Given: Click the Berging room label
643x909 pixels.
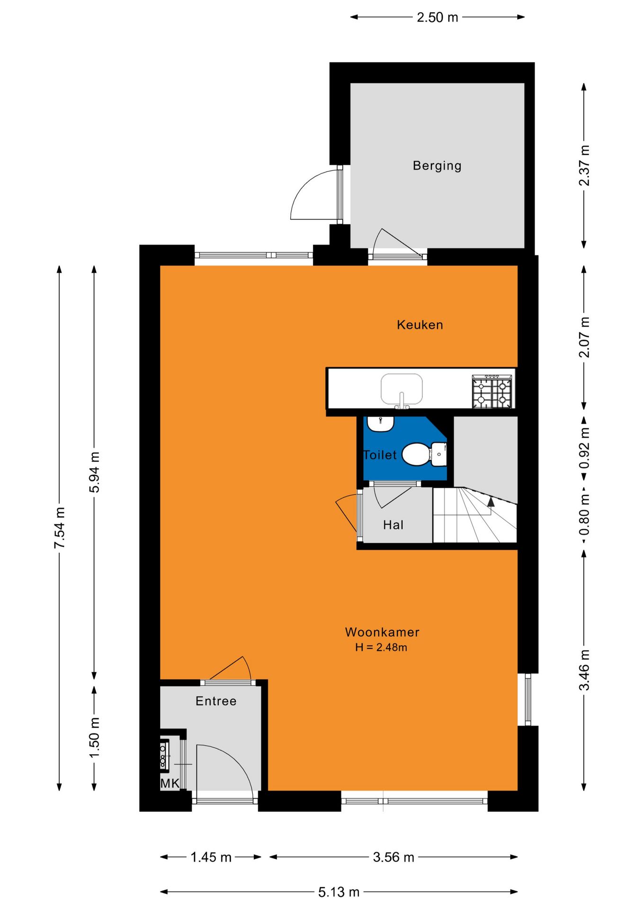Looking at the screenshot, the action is click(x=437, y=166).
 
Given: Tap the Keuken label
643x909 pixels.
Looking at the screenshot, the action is click(x=420, y=325).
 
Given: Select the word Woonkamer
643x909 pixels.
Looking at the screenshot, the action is click(x=382, y=632).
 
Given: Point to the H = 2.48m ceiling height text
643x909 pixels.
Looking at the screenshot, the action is click(x=381, y=647).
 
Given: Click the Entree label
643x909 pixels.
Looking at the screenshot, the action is click(x=216, y=701).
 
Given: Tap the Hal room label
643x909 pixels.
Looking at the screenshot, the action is click(x=393, y=525).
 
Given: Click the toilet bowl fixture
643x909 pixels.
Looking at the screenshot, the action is click(x=424, y=454).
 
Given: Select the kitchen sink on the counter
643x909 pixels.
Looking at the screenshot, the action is click(x=402, y=390).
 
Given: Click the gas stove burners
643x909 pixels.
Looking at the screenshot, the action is click(x=492, y=391).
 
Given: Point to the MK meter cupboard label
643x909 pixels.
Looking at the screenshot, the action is click(x=170, y=784).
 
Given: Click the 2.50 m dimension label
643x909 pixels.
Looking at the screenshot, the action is click(x=438, y=18).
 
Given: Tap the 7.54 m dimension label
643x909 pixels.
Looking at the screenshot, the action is click(x=60, y=528).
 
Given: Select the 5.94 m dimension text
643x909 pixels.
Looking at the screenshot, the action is click(x=95, y=472).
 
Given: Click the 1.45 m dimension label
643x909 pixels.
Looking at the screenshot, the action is click(x=211, y=857).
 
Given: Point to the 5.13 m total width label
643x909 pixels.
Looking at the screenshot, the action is click(x=339, y=892).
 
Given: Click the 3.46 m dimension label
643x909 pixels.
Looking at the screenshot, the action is click(x=584, y=670).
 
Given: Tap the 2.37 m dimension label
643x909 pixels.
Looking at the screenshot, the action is click(x=584, y=166).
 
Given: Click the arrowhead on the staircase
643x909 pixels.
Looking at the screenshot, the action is click(x=491, y=502).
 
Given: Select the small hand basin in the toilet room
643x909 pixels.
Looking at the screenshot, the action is click(x=381, y=424).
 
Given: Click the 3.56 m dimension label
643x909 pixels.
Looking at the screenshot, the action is click(x=393, y=857).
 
